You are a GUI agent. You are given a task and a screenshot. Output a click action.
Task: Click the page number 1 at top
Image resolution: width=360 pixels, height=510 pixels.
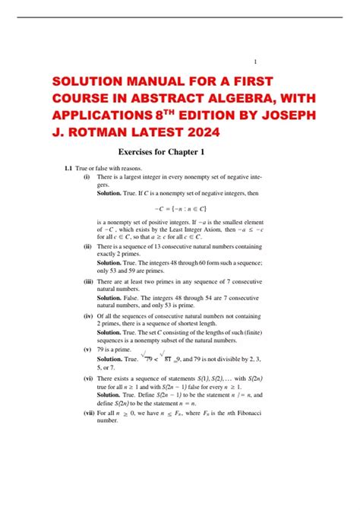coord(255,62)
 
